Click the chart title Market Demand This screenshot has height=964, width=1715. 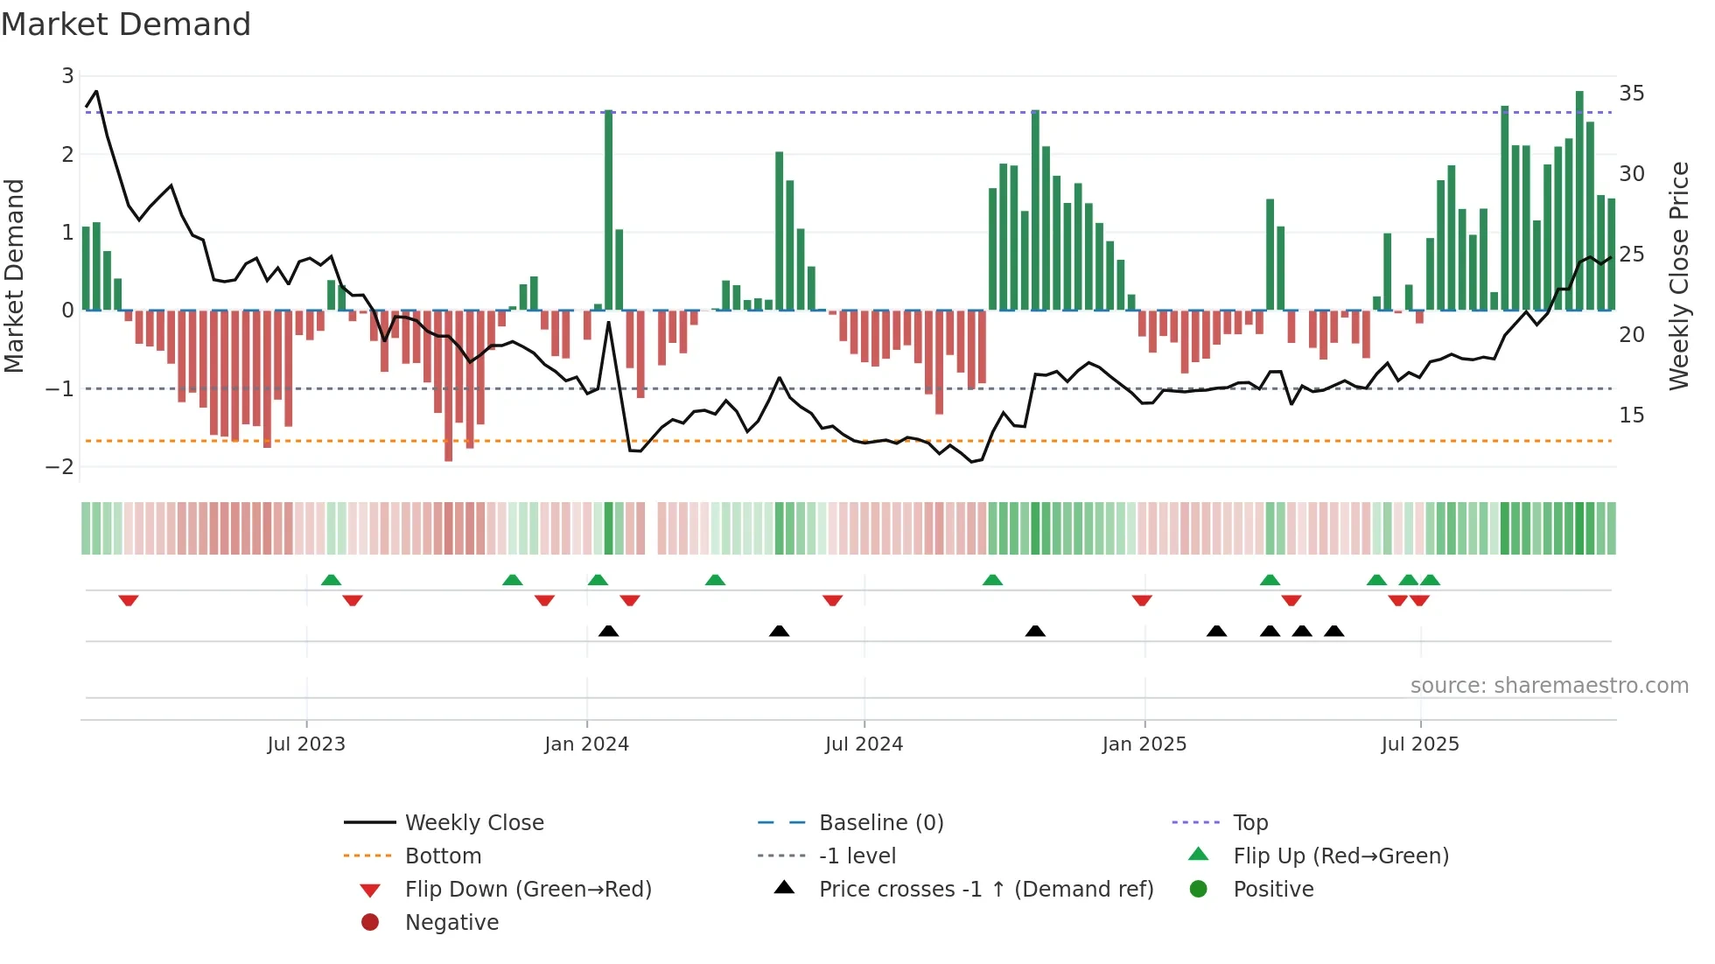click(126, 24)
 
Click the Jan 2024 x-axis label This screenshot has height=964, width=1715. click(586, 744)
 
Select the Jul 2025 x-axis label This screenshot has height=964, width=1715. click(1419, 744)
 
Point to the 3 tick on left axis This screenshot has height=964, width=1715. click(67, 76)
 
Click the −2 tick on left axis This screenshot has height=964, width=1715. click(60, 466)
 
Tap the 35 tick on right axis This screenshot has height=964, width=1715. click(1631, 93)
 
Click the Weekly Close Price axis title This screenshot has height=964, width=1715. click(1678, 276)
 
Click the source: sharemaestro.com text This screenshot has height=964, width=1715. click(1549, 685)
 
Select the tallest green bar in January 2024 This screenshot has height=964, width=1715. click(609, 210)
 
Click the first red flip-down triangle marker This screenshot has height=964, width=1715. click(129, 600)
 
